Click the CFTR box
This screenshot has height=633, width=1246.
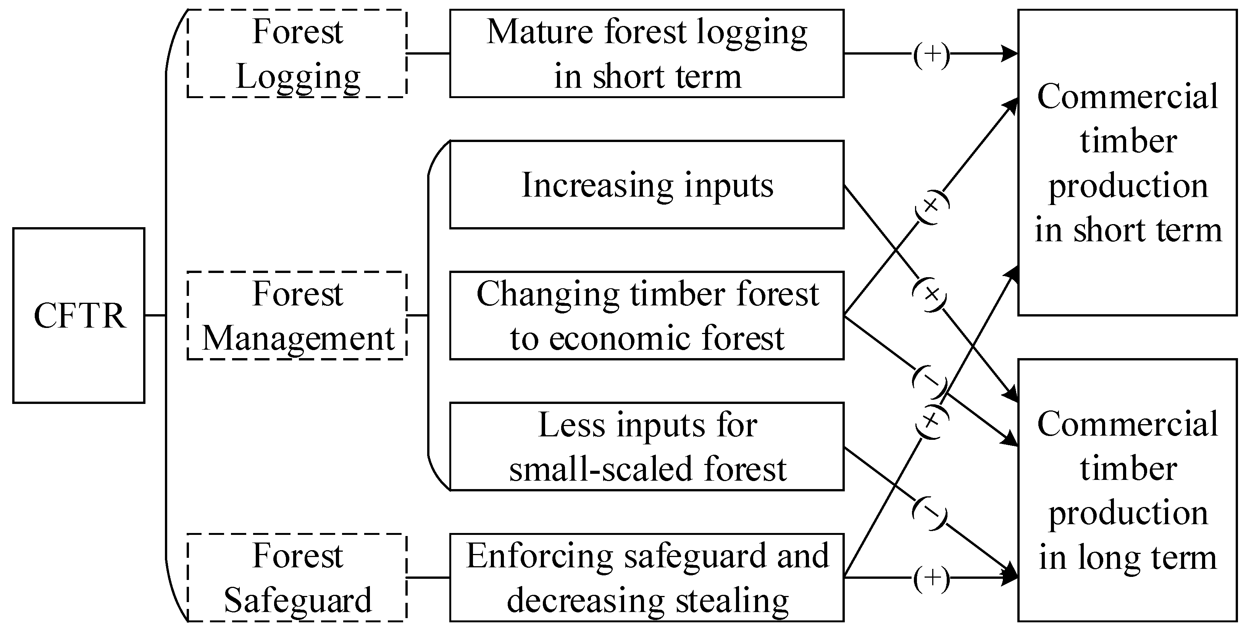(79, 316)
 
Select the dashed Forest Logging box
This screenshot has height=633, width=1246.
(297, 53)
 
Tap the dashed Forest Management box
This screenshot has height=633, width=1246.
(297, 316)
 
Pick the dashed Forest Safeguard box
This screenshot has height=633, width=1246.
(297, 577)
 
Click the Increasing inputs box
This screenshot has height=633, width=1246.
(647, 185)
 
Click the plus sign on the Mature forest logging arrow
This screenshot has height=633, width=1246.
(931, 55)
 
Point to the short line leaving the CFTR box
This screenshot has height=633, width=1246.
(155, 316)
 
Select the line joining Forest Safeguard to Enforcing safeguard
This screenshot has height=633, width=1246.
(428, 577)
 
